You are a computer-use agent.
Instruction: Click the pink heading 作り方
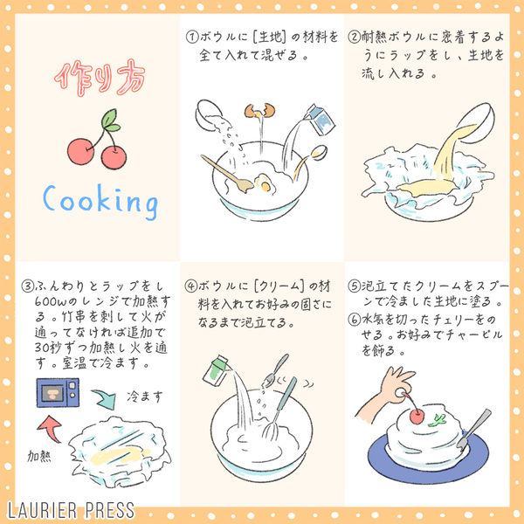click(x=100, y=78)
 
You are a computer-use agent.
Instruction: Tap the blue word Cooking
click(x=100, y=201)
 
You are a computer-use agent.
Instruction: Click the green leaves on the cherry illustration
click(x=111, y=121)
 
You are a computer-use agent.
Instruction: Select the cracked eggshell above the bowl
click(x=259, y=111)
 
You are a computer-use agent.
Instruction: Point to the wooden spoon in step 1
click(x=227, y=174)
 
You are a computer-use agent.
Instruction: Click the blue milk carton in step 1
click(x=319, y=120)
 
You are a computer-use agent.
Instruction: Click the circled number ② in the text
click(x=354, y=37)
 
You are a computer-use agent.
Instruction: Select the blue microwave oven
click(x=58, y=392)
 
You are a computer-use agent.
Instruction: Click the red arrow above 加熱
click(x=50, y=428)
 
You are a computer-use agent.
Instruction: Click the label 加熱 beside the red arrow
click(x=39, y=456)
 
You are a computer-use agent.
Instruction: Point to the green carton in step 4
click(x=217, y=369)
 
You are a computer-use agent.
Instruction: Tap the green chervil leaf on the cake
click(x=438, y=420)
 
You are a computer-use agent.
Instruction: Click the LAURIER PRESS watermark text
click(x=71, y=511)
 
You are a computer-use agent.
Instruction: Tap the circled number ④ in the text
click(x=190, y=286)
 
